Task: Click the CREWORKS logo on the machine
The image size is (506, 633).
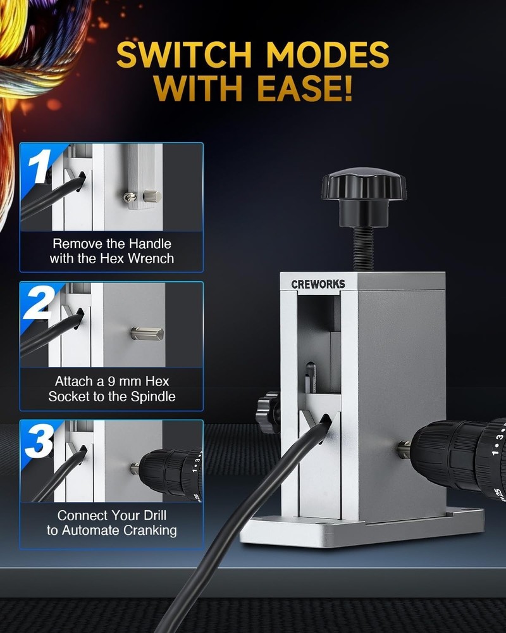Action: pyautogui.click(x=318, y=284)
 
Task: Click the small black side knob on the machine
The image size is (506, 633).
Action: pyautogui.click(x=268, y=411)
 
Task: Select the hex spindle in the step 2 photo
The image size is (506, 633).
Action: pyautogui.click(x=147, y=333)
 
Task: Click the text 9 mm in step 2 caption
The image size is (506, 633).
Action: pyautogui.click(x=136, y=382)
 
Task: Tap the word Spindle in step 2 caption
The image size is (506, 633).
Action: pyautogui.click(x=151, y=397)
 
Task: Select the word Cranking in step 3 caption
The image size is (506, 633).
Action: pyautogui.click(x=148, y=530)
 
